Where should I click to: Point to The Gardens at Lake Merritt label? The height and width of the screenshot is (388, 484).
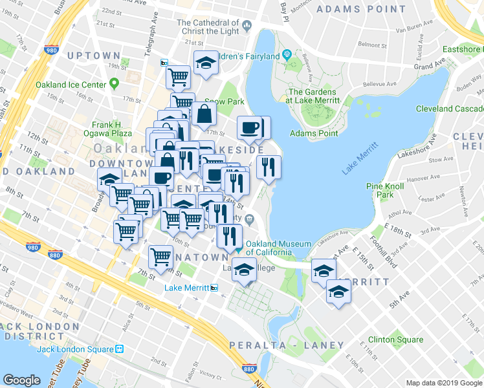(313, 96)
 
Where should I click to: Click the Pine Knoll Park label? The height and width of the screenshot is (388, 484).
(380, 190)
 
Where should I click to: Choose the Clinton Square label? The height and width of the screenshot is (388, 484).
(395, 339)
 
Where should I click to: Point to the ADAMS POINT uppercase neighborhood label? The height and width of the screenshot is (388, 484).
(351, 10)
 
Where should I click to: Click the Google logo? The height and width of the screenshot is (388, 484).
(21, 380)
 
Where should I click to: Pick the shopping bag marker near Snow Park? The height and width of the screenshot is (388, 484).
(204, 114)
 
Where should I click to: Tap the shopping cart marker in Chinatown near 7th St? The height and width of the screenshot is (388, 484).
(160, 256)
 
